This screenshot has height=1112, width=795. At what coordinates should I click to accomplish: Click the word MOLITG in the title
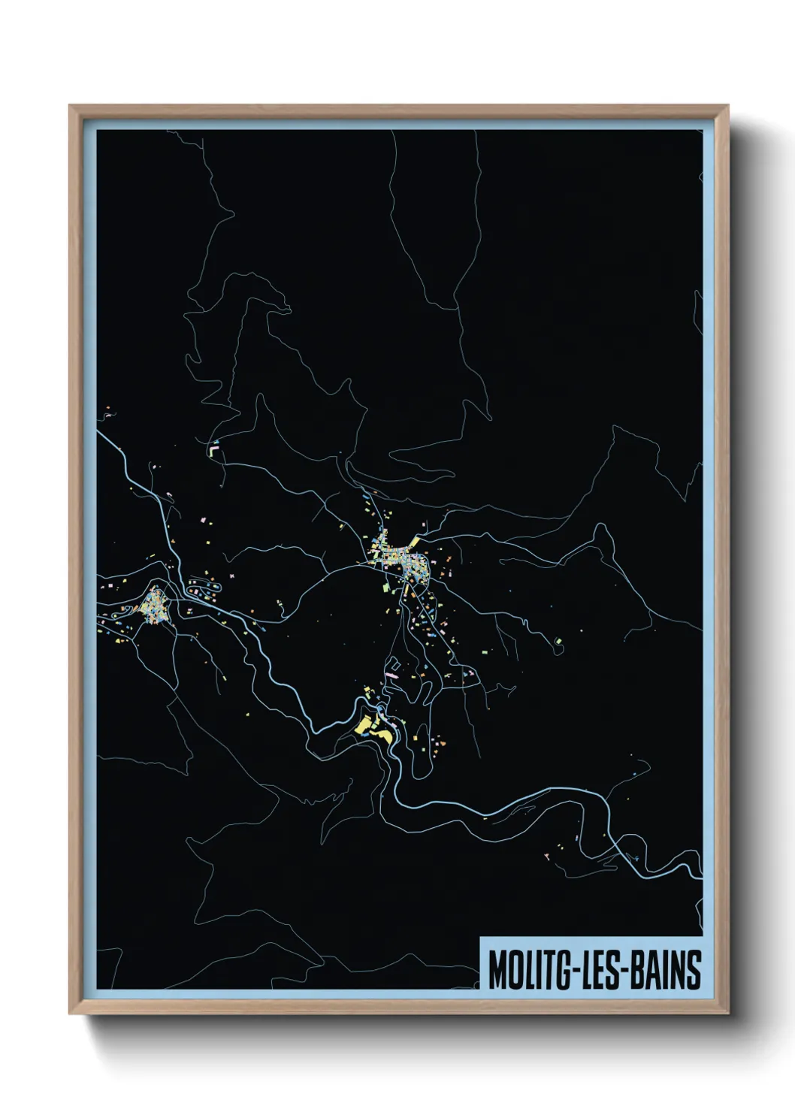click(525, 970)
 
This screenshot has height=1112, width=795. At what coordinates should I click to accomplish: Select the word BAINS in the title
click(665, 970)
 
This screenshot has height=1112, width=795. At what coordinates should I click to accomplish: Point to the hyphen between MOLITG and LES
click(568, 971)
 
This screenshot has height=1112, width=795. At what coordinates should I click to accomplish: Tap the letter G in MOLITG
click(555, 970)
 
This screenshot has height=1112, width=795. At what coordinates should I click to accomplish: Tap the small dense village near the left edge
click(154, 604)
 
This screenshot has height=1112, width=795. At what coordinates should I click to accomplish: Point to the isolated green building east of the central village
click(558, 641)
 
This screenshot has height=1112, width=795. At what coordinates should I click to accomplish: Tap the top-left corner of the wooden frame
click(70, 106)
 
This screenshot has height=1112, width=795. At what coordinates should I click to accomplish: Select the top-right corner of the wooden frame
click(728, 106)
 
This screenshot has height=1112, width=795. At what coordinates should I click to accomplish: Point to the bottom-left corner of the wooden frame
click(70, 1014)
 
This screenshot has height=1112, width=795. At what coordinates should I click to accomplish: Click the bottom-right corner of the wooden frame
click(728, 1014)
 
